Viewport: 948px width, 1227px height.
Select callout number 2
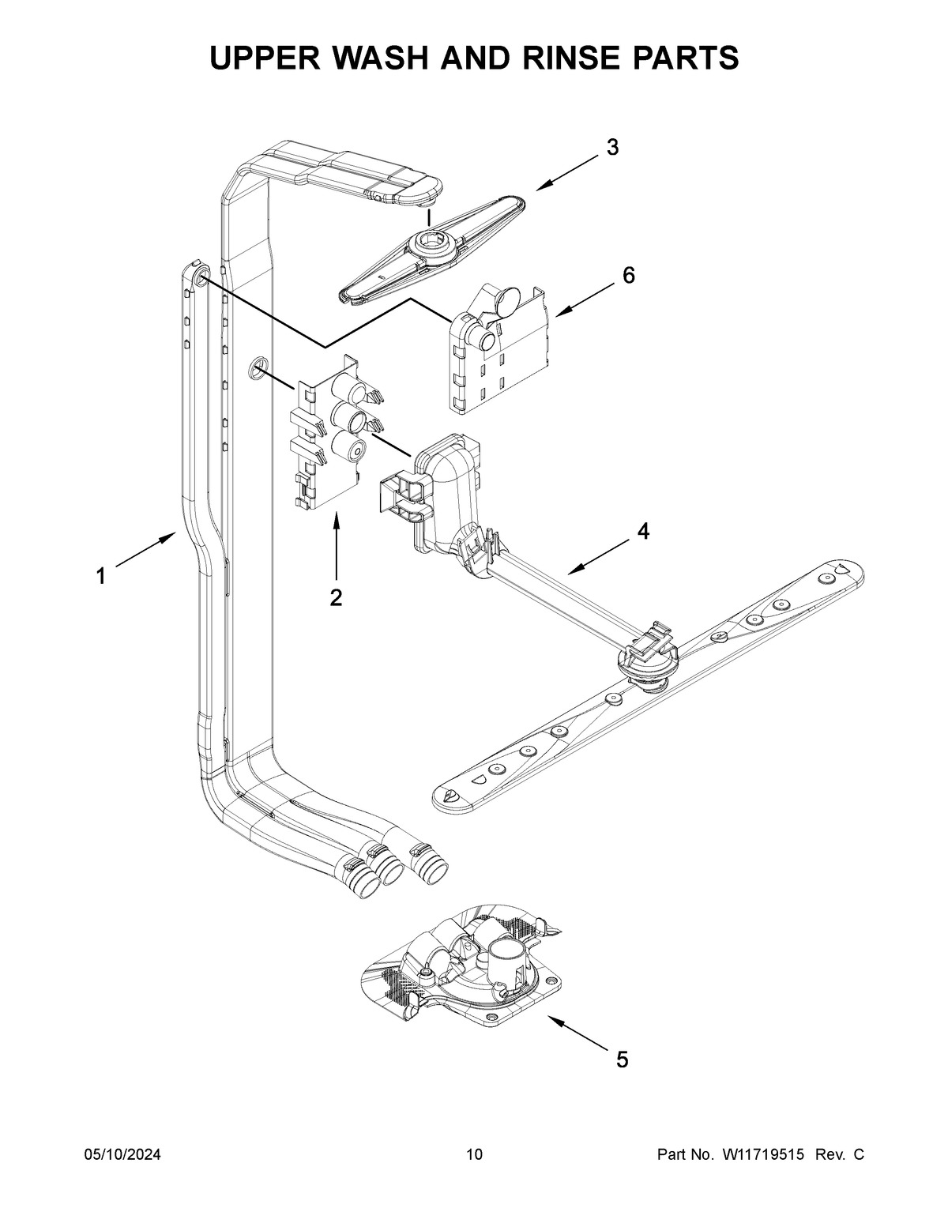pos(336,598)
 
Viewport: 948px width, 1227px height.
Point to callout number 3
pos(612,147)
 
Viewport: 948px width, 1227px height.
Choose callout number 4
pos(644,532)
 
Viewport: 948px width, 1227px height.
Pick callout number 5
pos(623,1060)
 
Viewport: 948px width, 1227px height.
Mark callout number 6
pos(628,275)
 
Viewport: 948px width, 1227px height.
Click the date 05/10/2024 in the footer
pos(122,1155)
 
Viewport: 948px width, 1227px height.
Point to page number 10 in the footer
pos(474,1155)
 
